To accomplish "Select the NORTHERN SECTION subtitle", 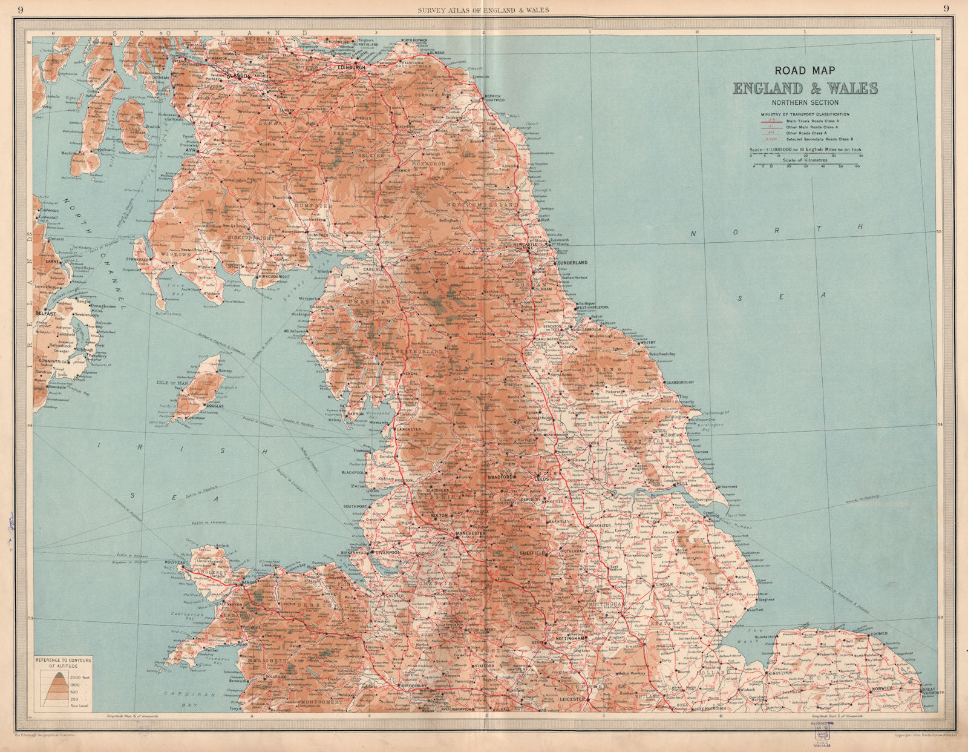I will click(805, 103).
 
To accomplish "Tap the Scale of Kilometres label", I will click(805, 160).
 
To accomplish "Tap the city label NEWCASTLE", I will click(525, 245).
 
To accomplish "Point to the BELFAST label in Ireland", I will click(45, 314).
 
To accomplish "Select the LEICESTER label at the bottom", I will click(572, 699).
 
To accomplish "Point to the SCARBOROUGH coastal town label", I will click(679, 383).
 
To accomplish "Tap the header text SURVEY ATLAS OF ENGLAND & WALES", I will click(484, 8).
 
